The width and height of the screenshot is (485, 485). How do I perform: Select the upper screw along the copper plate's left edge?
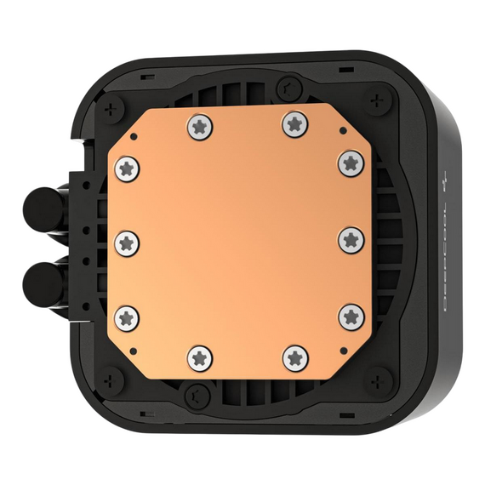tap(127, 166)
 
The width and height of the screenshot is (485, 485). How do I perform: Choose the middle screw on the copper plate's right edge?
tap(350, 239)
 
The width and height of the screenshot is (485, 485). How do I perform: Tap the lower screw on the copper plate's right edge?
tap(351, 317)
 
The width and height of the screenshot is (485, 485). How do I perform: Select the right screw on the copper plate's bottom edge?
tap(294, 358)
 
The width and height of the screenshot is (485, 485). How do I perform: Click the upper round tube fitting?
tap(37, 206)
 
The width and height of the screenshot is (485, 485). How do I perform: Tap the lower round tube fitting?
tap(39, 279)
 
